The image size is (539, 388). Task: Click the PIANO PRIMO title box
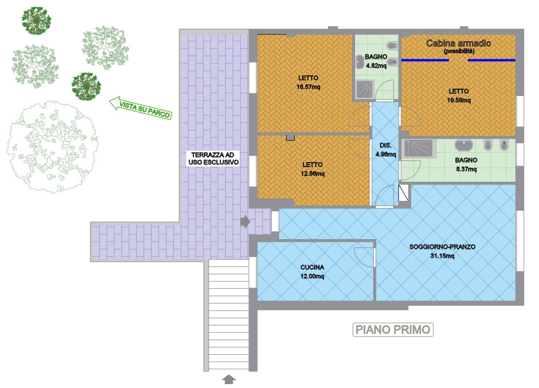[x=393, y=329]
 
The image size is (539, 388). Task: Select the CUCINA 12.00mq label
[x=312, y=272]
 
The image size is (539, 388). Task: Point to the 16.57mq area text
[x=308, y=87]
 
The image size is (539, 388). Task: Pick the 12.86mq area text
[x=312, y=173]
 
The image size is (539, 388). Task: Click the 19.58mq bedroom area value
[x=459, y=100]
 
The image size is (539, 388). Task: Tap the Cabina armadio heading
[x=459, y=43]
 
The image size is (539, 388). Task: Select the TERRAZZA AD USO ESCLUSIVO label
[x=213, y=158]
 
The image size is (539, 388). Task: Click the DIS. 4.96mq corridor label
[x=386, y=150]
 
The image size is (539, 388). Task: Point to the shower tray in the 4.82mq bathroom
[x=365, y=89]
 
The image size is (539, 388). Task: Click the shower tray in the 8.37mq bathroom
[x=419, y=148]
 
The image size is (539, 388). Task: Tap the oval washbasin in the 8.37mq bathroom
[x=464, y=145]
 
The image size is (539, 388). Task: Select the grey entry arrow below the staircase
[x=228, y=379]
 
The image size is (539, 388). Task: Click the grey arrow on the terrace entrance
[x=245, y=221]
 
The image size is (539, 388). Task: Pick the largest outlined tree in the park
[x=52, y=147]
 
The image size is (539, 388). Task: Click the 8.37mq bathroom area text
[x=466, y=169]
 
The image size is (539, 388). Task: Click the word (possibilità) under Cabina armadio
[x=459, y=51]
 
